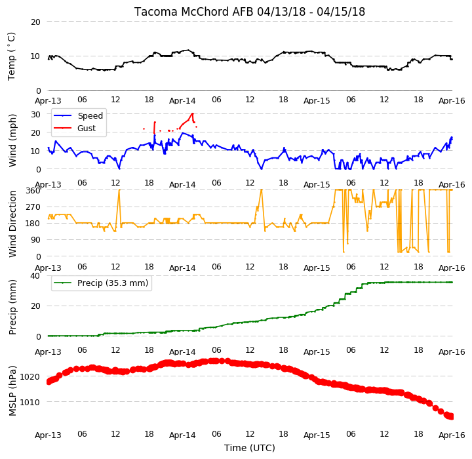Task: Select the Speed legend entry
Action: [x=78, y=115]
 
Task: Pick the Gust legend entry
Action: [x=75, y=129]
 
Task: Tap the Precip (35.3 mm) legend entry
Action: [x=101, y=283]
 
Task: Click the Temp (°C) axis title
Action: [x=11, y=56]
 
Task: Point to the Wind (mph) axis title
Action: [x=12, y=141]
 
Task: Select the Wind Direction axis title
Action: [x=12, y=224]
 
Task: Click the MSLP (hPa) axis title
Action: [x=12, y=391]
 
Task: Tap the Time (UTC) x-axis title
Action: [x=250, y=448]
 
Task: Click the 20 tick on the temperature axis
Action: [x=35, y=22]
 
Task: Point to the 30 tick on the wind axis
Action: [x=35, y=115]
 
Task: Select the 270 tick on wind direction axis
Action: [x=33, y=207]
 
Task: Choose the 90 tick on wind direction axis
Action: [x=35, y=240]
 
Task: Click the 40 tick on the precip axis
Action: [x=35, y=276]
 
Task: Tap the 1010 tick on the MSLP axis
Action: [x=29, y=402]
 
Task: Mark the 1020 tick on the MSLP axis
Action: [x=29, y=377]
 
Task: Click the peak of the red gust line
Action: [x=192, y=113]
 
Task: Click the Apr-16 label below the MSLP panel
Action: [x=452, y=435]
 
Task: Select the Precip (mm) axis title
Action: [x=12, y=308]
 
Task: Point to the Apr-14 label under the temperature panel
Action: [x=182, y=100]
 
